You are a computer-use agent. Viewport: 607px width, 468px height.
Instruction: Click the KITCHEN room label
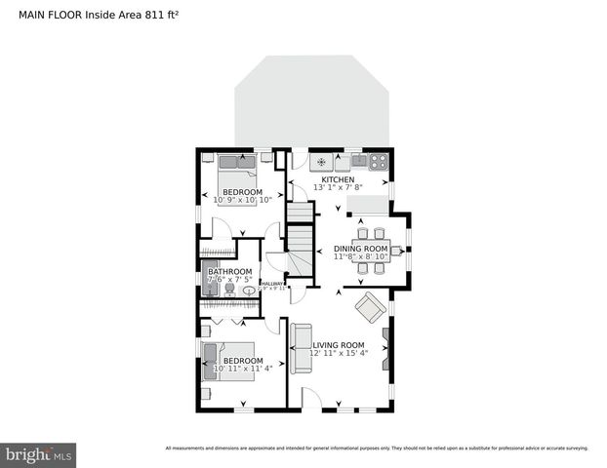pos(338,179)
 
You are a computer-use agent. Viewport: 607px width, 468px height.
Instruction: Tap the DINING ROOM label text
pos(361,249)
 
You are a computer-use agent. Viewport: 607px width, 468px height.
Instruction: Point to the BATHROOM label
pos(229,272)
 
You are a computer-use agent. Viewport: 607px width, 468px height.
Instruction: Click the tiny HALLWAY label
pos(272,284)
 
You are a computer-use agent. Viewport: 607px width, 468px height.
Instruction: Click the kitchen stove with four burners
pos(378,160)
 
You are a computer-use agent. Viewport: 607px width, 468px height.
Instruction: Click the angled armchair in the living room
pos(370,308)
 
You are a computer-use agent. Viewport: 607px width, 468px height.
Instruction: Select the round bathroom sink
pos(248,290)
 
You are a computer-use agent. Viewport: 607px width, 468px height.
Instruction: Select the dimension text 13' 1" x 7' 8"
pos(338,188)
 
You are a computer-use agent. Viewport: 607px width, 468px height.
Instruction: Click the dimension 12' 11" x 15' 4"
pos(338,354)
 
